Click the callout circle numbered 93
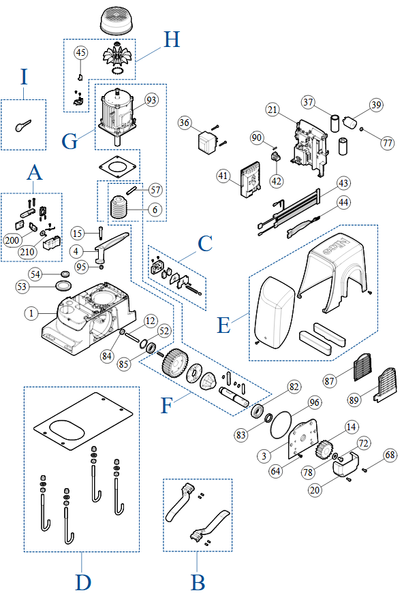(151, 100)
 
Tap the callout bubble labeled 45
(81, 52)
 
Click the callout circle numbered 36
(184, 123)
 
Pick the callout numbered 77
(387, 144)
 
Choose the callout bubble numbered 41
(222, 176)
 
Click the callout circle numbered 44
(343, 202)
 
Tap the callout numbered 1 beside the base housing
(30, 314)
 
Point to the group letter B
(197, 582)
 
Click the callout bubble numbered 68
(389, 455)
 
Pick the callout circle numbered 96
(313, 402)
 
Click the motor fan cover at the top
(120, 21)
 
